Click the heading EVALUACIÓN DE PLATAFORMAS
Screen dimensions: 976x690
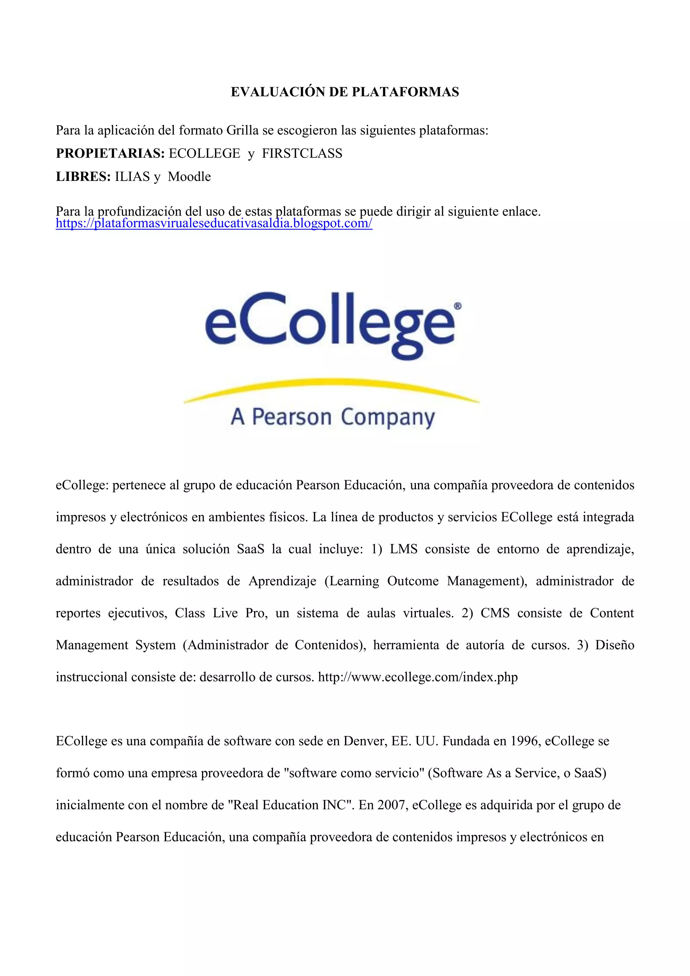(x=345, y=92)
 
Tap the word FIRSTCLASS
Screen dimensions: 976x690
(x=302, y=154)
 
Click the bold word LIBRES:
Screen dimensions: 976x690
(x=83, y=177)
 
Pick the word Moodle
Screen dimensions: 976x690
(x=189, y=177)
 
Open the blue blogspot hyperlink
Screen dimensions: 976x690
(x=214, y=224)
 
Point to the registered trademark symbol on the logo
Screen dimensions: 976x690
(x=458, y=306)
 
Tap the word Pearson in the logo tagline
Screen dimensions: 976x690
(x=291, y=417)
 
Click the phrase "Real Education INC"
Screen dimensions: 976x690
(x=291, y=805)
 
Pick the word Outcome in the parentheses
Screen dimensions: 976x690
(x=412, y=581)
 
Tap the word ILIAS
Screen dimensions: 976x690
(x=132, y=177)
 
